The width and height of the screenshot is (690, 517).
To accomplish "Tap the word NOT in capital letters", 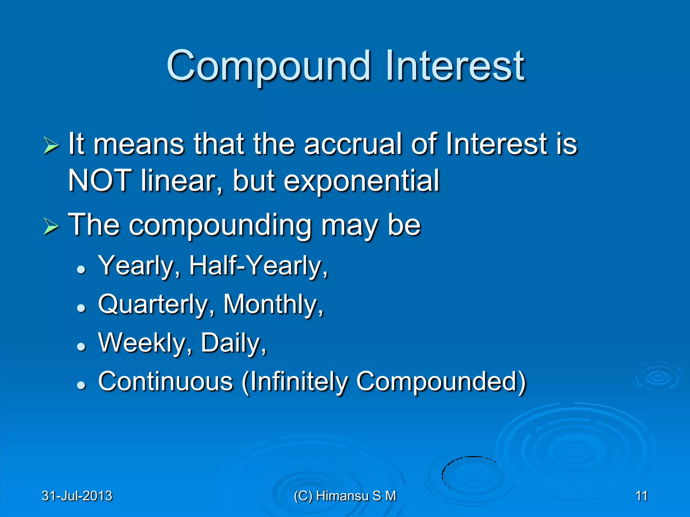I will (x=99, y=181).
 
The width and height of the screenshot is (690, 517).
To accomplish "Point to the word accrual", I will (x=353, y=144).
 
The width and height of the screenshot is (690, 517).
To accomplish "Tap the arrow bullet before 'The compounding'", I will (x=51, y=226).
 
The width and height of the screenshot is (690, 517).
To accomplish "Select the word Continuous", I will (x=166, y=381).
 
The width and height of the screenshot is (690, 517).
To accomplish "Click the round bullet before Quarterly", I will (x=81, y=307).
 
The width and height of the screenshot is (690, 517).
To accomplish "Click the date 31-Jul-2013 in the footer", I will (x=77, y=496).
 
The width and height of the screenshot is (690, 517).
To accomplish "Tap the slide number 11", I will (x=641, y=496).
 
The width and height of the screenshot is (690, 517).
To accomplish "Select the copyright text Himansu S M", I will (x=356, y=496).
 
